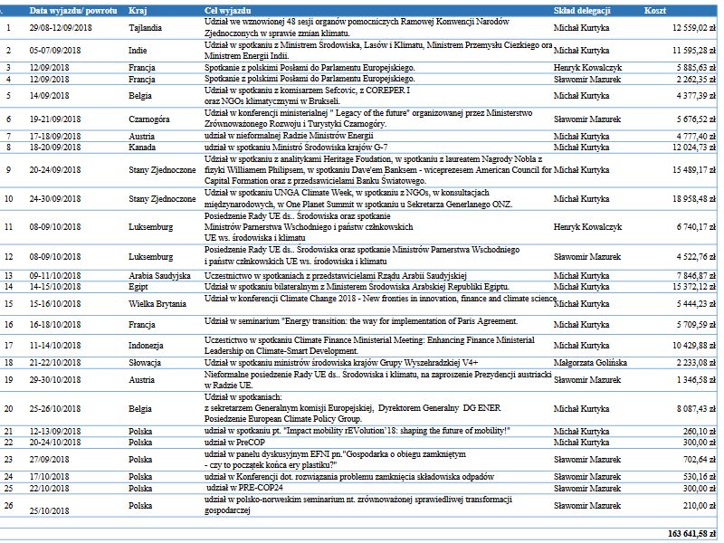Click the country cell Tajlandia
pos(147,28)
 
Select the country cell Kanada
pos(144,147)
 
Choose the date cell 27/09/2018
pos(52,459)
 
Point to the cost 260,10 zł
pos(701,431)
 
